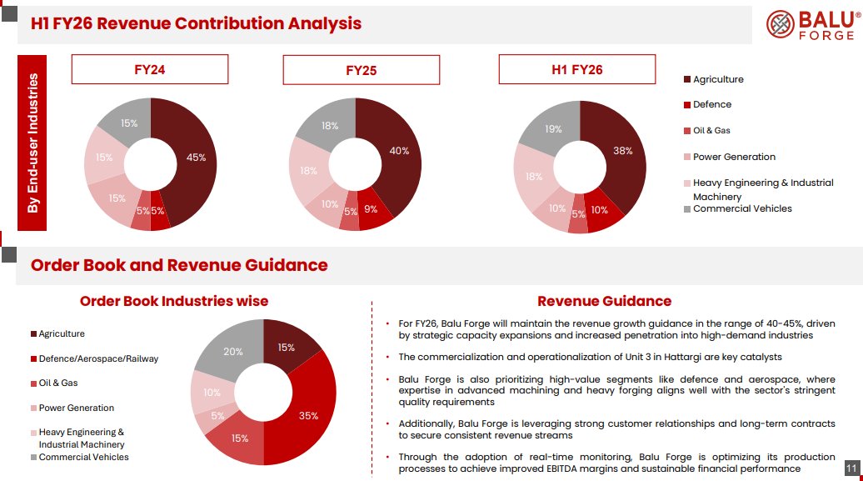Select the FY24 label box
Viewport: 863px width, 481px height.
(x=149, y=70)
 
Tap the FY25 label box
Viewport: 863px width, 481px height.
(x=361, y=71)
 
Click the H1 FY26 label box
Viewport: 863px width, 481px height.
(x=576, y=70)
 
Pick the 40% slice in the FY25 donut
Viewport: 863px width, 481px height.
(x=398, y=152)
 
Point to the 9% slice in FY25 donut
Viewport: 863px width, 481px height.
(x=372, y=211)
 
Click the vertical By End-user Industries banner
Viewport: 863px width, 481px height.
(x=33, y=143)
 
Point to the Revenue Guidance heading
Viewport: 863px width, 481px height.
(x=604, y=301)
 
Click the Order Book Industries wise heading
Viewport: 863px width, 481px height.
(x=173, y=301)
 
